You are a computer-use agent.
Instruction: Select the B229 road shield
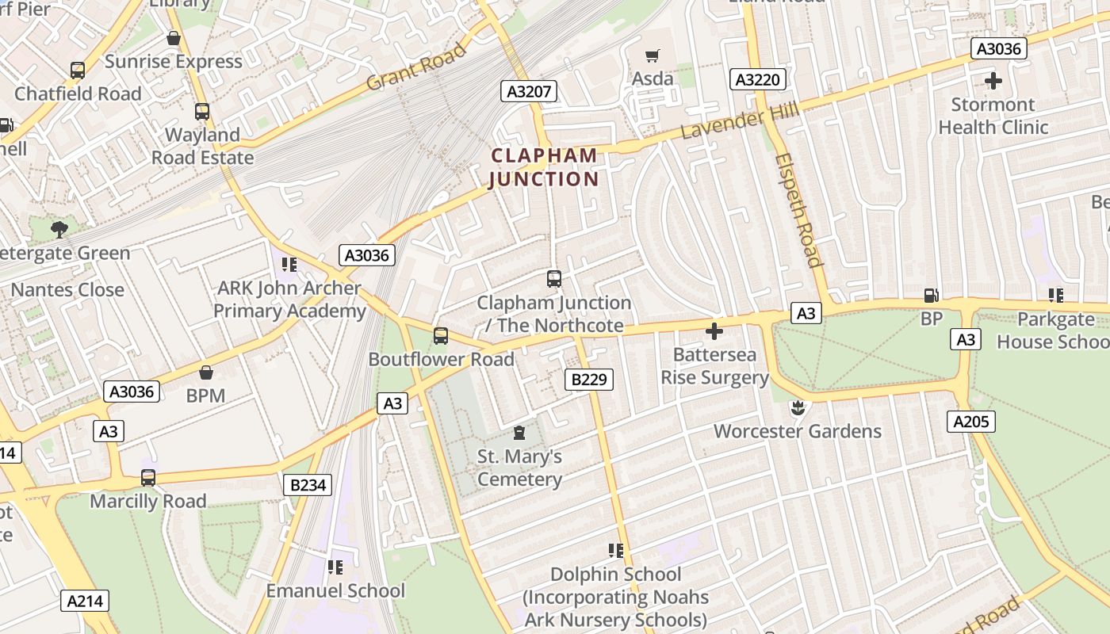click(589, 380)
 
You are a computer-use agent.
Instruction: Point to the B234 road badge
click(308, 484)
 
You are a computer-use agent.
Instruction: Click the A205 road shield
click(971, 422)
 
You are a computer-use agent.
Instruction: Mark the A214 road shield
click(85, 601)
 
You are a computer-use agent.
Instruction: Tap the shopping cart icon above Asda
click(653, 55)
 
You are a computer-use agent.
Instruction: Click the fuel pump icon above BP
click(931, 296)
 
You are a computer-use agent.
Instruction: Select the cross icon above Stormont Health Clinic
click(993, 81)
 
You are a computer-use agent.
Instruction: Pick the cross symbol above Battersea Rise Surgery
click(714, 331)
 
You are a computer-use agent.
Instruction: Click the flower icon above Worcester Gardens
click(798, 408)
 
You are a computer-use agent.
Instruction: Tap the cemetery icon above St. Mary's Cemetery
click(519, 433)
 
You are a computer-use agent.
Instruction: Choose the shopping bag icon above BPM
click(206, 372)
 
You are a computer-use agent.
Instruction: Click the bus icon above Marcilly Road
click(148, 478)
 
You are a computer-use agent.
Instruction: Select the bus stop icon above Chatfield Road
click(78, 71)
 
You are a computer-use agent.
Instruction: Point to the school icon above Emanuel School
click(335, 567)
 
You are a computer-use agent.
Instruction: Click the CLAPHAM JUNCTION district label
click(544, 167)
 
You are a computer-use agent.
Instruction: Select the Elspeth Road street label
click(798, 210)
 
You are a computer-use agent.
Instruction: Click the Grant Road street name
click(417, 68)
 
